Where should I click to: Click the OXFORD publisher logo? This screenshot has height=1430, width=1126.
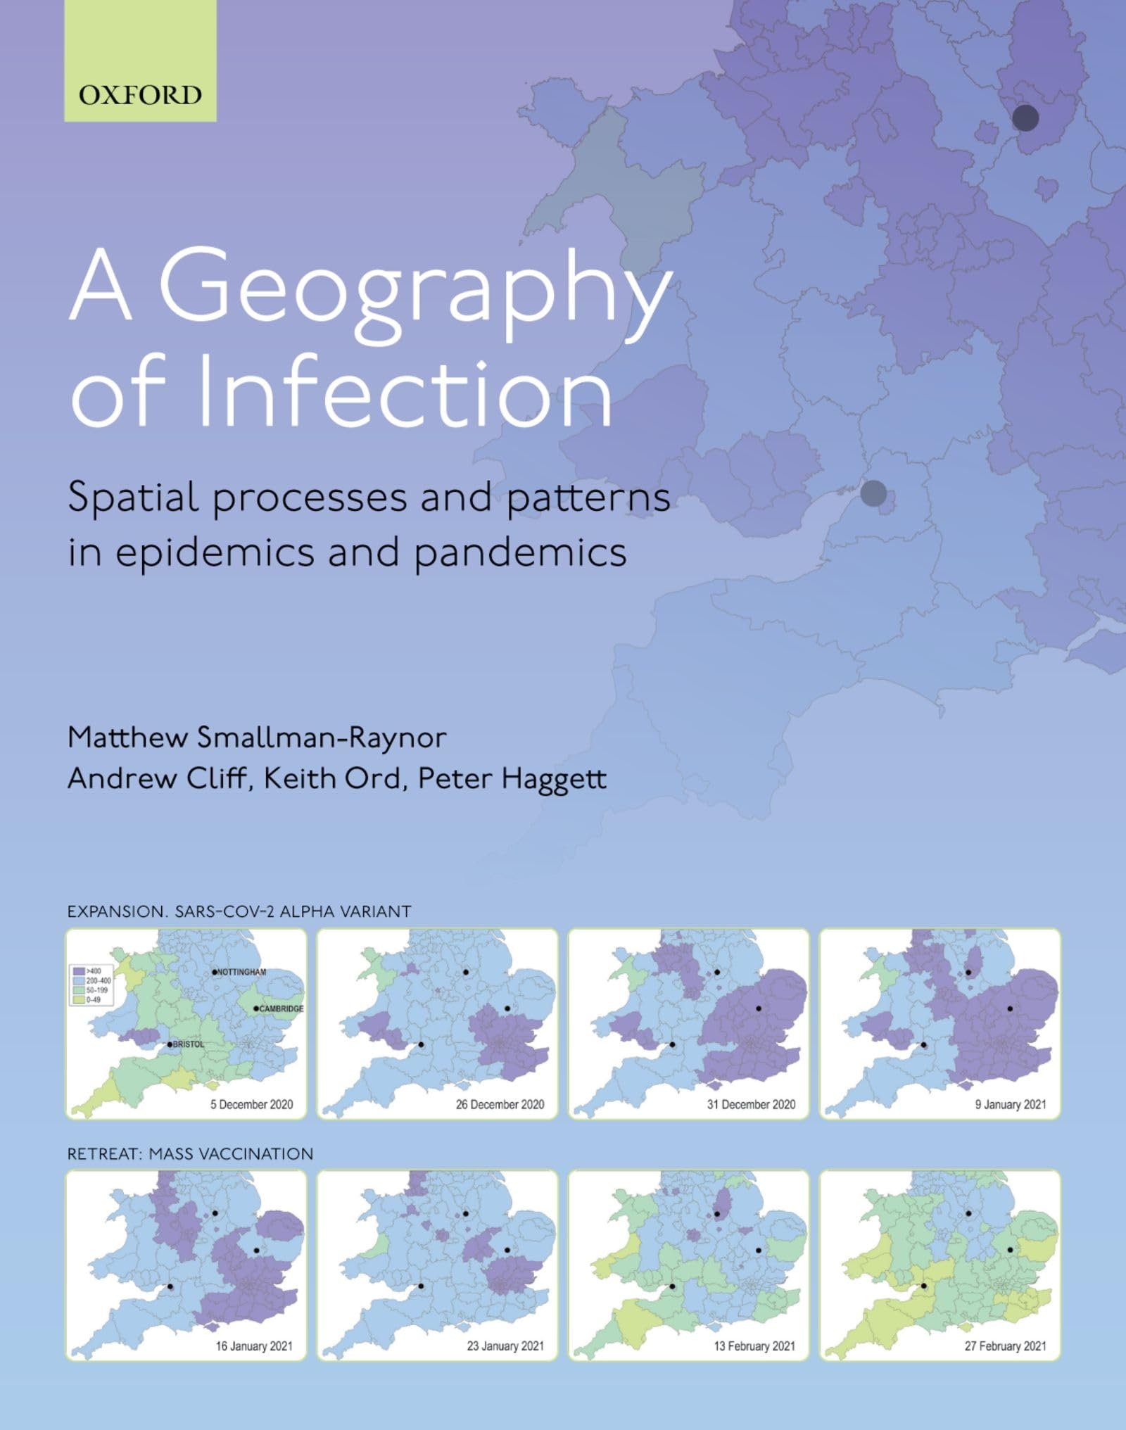pos(140,95)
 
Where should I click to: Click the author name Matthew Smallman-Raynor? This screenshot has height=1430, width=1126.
pos(257,738)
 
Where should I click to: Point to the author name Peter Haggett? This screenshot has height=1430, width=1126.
pos(512,778)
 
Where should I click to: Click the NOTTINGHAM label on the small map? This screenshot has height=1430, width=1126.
pos(241,972)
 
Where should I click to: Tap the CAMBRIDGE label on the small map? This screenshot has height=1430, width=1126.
pos(281,1008)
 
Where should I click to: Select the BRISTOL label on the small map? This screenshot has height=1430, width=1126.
pos(188,1044)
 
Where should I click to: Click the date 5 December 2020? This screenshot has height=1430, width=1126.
pos(251,1104)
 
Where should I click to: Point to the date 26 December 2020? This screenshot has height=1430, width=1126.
pos(500,1104)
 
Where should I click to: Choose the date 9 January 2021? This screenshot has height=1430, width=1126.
pos(1010,1104)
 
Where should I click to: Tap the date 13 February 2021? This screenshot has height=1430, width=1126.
pos(754,1346)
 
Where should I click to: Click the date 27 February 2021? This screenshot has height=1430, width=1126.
pos(1005,1346)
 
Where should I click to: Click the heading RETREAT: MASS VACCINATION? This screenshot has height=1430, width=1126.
pos(190,1154)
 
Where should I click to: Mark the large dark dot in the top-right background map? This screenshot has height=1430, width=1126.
pos(1025,118)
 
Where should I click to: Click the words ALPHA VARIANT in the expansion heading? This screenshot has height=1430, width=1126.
pos(345,911)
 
